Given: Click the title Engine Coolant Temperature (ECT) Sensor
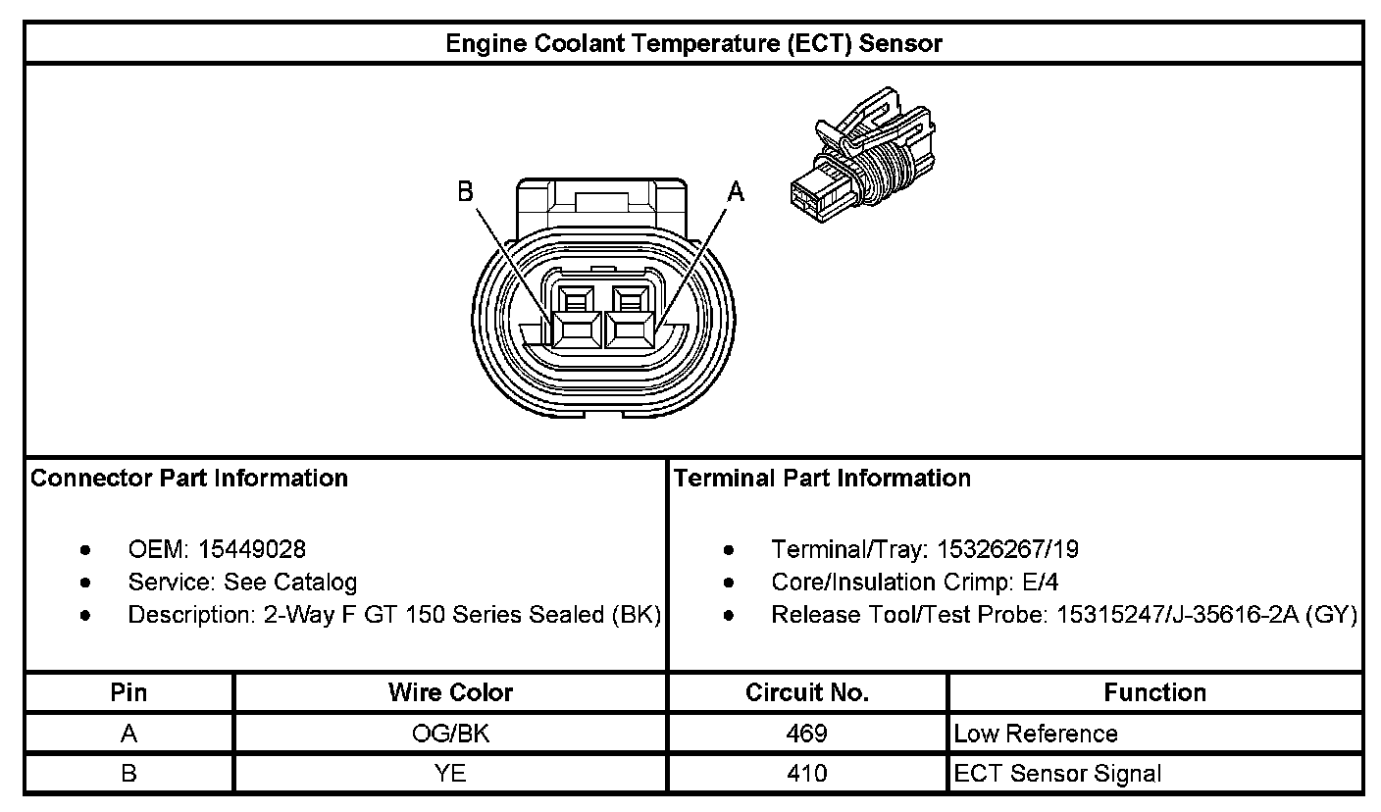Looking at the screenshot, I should click(693, 43).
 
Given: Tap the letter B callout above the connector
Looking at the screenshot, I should click(466, 193).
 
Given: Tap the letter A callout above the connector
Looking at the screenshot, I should click(736, 193).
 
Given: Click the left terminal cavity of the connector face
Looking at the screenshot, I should click(574, 329).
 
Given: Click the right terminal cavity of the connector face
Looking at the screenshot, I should click(629, 329).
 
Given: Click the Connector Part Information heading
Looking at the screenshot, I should click(189, 479).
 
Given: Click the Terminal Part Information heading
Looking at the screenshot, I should click(822, 479).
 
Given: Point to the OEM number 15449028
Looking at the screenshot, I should click(251, 549).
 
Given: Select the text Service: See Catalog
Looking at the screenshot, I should click(242, 583).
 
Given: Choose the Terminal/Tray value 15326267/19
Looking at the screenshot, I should click(1007, 549).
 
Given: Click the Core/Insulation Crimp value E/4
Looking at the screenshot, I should click(1040, 583).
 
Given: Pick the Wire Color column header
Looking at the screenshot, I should click(450, 693).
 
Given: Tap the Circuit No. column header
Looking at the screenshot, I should click(807, 693).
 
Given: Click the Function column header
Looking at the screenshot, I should click(1154, 693).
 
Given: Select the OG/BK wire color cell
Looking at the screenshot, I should click(450, 734).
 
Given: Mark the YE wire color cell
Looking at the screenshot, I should click(450, 774).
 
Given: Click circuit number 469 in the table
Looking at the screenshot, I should click(807, 734).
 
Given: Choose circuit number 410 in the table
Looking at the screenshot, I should click(807, 774).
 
